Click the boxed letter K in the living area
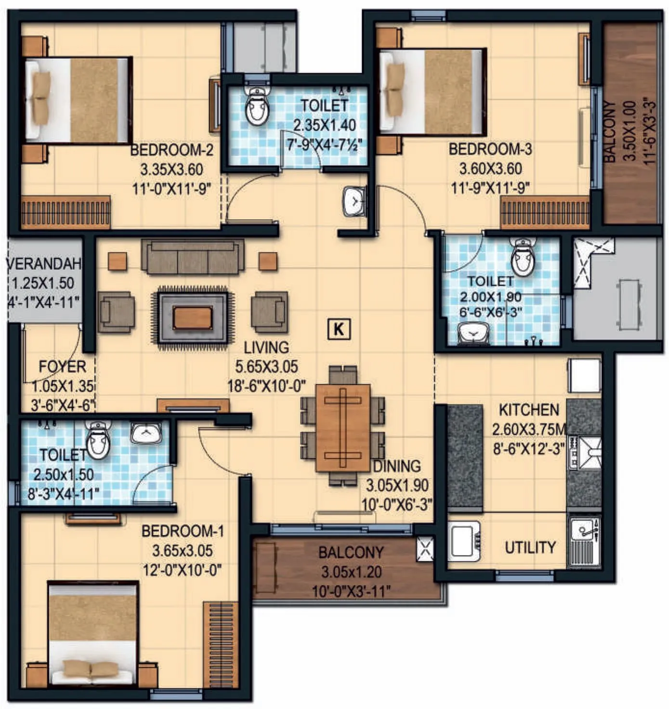tap(339, 329)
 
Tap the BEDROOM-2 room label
tap(172, 150)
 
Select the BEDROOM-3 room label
tap(490, 149)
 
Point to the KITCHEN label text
tap(529, 410)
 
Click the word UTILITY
tap(530, 547)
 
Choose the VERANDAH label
tap(44, 264)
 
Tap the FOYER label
tap(62, 367)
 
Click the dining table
tap(342, 428)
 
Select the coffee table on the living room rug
tap(192, 318)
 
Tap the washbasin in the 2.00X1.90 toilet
tap(473, 333)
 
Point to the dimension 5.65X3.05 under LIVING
tap(266, 367)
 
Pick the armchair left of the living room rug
tap(116, 312)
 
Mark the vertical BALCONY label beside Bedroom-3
tap(609, 131)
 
